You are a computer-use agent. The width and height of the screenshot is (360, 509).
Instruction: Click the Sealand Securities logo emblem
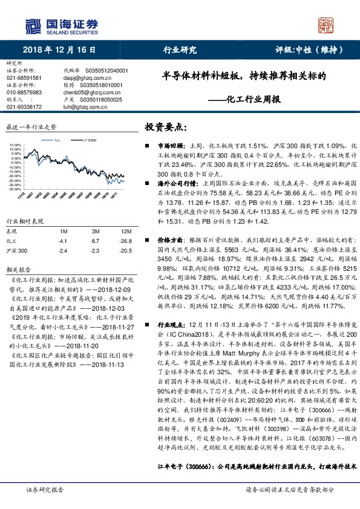pos(31,26)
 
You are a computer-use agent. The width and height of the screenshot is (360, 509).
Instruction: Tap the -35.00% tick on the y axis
pos(16,189)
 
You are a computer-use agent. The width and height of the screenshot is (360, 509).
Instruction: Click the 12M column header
pos(126,232)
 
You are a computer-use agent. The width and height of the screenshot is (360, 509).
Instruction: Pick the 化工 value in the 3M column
pos(95,241)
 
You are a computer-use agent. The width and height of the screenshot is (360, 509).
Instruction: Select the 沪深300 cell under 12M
pos(125,250)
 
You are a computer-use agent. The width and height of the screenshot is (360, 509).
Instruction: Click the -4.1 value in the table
pos(63,241)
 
